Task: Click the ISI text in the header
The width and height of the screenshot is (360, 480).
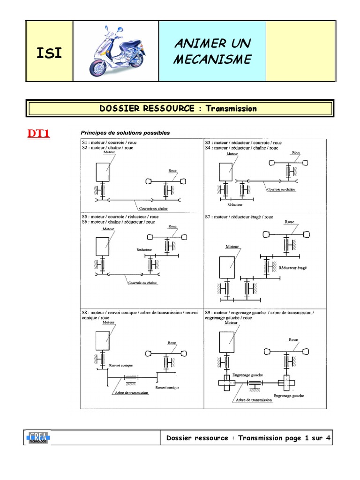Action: (x=49, y=52)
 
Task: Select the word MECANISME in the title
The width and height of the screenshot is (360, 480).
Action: (x=212, y=60)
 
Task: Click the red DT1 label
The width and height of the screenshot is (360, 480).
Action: (x=39, y=134)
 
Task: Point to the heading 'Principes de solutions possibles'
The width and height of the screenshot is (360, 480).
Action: (x=125, y=133)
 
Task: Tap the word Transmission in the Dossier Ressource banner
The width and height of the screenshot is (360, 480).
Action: (x=232, y=109)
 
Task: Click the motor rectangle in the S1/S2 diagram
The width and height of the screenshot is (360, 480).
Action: (x=103, y=172)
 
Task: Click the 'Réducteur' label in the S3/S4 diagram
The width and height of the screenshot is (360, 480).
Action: (x=234, y=205)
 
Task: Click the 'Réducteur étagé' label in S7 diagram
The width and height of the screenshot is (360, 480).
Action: (x=292, y=268)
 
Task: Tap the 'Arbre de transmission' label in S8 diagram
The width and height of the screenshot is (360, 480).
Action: (x=132, y=393)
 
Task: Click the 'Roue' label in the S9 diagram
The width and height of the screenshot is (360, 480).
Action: (x=293, y=339)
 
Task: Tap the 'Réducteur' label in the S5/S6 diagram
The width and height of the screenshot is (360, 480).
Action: (x=144, y=250)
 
